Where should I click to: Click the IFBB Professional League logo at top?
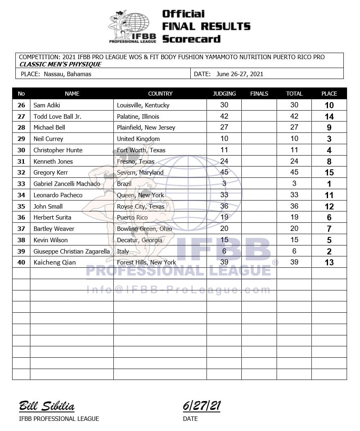click(x=132, y=27)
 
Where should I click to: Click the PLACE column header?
click(x=329, y=94)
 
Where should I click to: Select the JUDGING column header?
click(x=224, y=94)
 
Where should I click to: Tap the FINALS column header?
click(x=259, y=94)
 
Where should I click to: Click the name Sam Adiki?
click(x=47, y=105)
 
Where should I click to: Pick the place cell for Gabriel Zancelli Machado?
click(x=329, y=184)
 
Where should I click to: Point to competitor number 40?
click(x=21, y=262)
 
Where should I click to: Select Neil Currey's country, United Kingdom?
click(x=138, y=139)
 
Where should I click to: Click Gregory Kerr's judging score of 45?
click(x=224, y=172)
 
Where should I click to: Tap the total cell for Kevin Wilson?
click(x=294, y=240)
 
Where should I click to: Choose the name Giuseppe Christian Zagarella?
click(x=71, y=251)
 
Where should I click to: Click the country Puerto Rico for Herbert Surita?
click(x=132, y=218)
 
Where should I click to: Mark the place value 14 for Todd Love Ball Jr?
click(x=329, y=117)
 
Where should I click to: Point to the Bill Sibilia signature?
click(x=47, y=406)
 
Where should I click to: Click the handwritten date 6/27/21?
click(x=202, y=405)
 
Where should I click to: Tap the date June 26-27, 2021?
click(x=240, y=74)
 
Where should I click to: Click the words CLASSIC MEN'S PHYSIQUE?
click(x=60, y=64)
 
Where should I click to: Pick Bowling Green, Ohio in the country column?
click(x=144, y=229)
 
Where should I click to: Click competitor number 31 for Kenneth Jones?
click(x=21, y=161)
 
